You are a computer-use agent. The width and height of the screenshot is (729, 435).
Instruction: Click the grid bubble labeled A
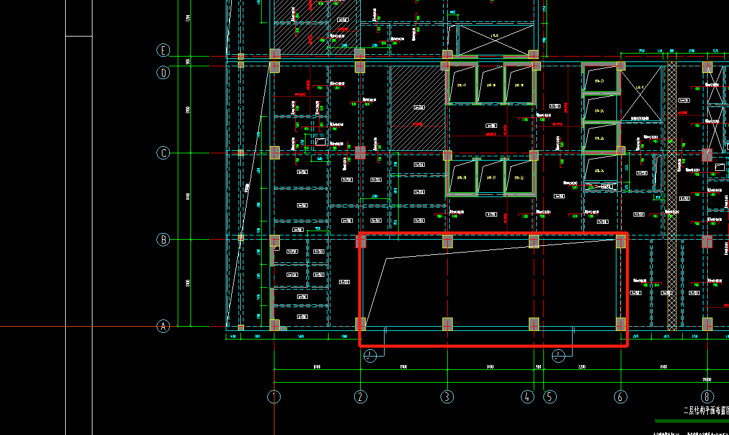point(163,327)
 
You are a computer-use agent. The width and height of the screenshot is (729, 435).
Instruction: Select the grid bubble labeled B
point(163,240)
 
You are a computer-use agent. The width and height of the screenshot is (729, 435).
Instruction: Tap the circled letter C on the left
point(163,153)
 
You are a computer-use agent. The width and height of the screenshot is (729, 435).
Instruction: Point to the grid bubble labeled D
point(163,73)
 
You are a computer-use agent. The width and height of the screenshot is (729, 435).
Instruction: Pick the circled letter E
point(163,50)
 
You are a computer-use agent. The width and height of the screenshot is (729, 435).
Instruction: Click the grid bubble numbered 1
point(274,397)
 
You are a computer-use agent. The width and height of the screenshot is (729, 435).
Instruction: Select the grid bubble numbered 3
point(447,397)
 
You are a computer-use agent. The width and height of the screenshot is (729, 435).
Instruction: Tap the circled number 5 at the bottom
point(550,397)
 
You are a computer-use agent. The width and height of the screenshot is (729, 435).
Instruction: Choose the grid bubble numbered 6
point(621,397)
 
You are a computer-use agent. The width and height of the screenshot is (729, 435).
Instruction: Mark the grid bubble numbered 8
point(707,397)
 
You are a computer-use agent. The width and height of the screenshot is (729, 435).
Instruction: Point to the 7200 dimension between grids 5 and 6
point(581,367)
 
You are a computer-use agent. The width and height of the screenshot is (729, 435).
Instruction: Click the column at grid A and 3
point(447,324)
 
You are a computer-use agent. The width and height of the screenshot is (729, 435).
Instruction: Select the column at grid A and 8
point(707,324)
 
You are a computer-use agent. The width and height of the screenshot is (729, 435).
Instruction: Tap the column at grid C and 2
point(360,152)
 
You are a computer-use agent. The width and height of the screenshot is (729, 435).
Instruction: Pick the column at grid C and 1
point(274,152)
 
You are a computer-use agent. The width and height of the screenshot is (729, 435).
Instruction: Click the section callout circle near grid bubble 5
point(558,355)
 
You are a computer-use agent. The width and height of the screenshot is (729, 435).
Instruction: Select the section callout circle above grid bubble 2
point(369,355)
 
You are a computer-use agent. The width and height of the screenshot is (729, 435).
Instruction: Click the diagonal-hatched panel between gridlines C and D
point(417,108)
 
